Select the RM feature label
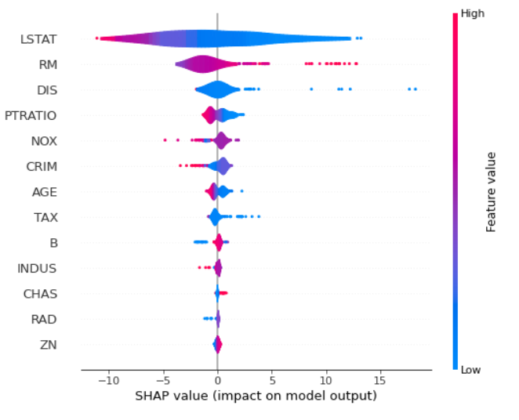48,64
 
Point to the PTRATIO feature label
31,115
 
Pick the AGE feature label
44,192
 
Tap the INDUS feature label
38,269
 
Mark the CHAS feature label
41,294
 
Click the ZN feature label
49,345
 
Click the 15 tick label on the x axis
381,380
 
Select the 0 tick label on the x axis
218,380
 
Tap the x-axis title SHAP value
256,396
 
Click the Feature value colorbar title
492,191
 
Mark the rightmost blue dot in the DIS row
415,89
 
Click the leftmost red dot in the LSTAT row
96,38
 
